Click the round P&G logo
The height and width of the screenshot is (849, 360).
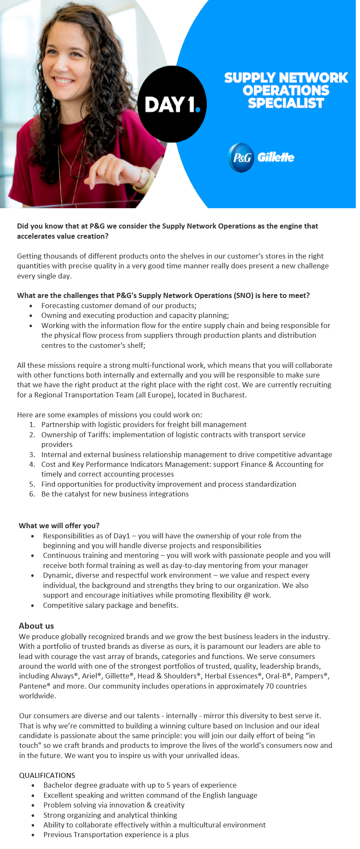(x=241, y=157)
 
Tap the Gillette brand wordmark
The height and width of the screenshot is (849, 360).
(x=276, y=157)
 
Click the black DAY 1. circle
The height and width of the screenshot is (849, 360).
(x=172, y=104)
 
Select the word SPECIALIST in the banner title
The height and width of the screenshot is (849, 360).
(x=286, y=103)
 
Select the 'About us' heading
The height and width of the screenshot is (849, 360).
(x=36, y=626)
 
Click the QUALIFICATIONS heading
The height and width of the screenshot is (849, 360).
(x=47, y=775)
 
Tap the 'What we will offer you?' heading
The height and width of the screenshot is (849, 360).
(x=59, y=526)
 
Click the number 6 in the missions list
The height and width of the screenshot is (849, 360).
(x=32, y=494)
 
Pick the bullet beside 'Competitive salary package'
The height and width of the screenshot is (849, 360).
(x=33, y=606)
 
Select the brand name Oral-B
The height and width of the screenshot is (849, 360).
(x=276, y=676)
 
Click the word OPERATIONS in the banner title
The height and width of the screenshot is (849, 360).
(x=286, y=90)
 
